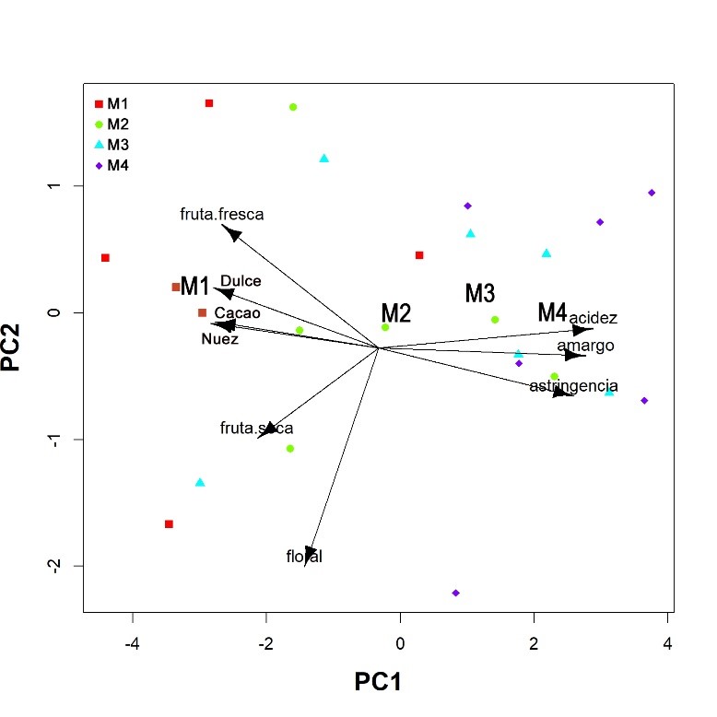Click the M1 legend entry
(112, 103)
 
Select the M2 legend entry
(112, 123)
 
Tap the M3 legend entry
(112, 145)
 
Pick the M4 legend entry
(112, 166)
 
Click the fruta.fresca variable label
(222, 215)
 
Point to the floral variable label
(304, 557)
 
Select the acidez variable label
(593, 318)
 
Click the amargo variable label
(585, 346)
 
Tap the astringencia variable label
(573, 385)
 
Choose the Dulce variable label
(241, 281)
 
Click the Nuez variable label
(219, 339)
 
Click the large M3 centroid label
(480, 294)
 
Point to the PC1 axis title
(378, 682)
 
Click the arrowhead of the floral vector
(311, 551)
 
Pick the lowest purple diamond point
(455, 593)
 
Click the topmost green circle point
(293, 107)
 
